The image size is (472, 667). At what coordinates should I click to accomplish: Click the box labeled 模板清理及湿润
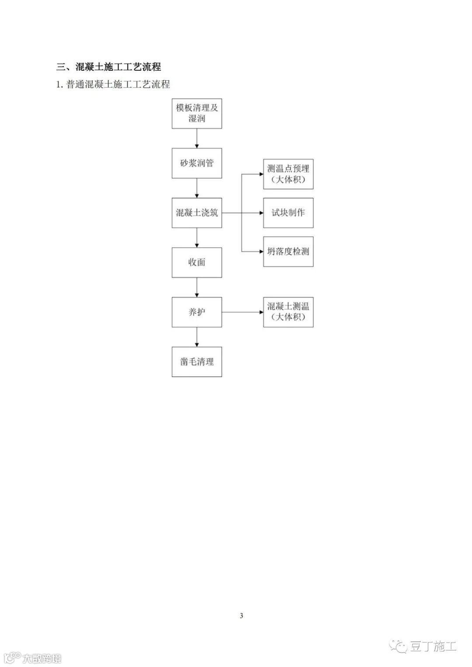pos(197,114)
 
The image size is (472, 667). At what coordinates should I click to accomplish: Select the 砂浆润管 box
pos(197,163)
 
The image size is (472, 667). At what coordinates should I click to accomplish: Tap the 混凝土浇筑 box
pos(197,213)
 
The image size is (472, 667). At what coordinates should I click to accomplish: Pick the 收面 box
pos(197,263)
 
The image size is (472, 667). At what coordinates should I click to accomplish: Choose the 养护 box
pos(197,312)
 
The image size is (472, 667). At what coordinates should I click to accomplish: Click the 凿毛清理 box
pos(197,362)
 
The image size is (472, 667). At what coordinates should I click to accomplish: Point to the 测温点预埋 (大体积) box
pos(288,174)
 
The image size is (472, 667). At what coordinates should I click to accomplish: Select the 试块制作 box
pos(288,213)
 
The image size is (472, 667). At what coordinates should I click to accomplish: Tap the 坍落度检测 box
pos(288,252)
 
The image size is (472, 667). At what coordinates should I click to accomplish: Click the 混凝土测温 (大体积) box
pos(288,312)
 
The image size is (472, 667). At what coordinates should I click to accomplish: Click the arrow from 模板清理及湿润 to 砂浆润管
pos(197,138)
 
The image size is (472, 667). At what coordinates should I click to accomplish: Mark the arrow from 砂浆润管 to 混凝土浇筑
pos(197,188)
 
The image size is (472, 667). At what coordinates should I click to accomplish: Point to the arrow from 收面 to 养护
pos(197,287)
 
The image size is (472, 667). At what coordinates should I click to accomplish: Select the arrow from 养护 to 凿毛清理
pos(197,337)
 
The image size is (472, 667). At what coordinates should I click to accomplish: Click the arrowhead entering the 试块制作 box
pos(261,213)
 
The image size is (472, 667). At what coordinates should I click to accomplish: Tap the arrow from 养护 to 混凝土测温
pos(242,312)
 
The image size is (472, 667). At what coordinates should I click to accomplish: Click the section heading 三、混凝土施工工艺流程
pos(109,67)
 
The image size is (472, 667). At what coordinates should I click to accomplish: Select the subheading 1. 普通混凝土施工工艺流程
pos(113,84)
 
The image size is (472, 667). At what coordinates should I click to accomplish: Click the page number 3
pos(241,616)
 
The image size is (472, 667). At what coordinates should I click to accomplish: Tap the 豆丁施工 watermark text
pos(433,646)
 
